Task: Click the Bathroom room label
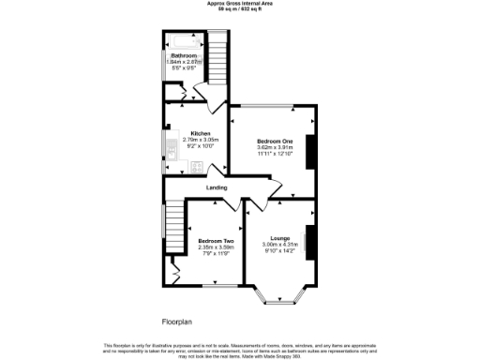pos(184,55)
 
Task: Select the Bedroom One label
pos(276,141)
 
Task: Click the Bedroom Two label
pos(216,241)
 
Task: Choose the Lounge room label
pos(280,238)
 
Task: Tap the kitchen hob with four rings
pos(197,167)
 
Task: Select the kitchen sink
pos(172,145)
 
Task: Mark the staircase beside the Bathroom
pos(217,56)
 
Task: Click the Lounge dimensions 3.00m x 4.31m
pos(280,245)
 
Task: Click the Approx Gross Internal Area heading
pos(240,4)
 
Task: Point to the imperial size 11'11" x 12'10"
pos(276,153)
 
